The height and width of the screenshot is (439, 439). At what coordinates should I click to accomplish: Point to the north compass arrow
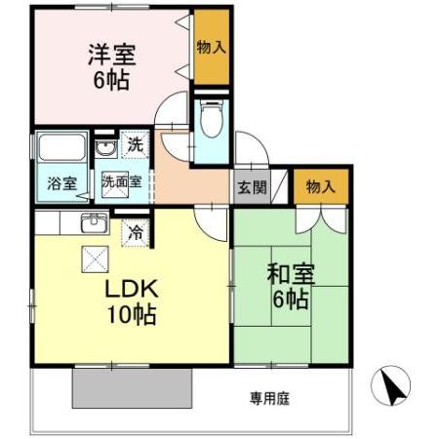tap(391, 387)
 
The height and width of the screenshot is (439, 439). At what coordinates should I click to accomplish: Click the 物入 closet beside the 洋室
tap(212, 48)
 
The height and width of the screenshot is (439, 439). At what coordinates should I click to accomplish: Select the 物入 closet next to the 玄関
tap(318, 186)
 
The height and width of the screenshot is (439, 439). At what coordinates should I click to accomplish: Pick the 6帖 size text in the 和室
tap(291, 299)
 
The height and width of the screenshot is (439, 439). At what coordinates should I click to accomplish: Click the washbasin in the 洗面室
tap(104, 148)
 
